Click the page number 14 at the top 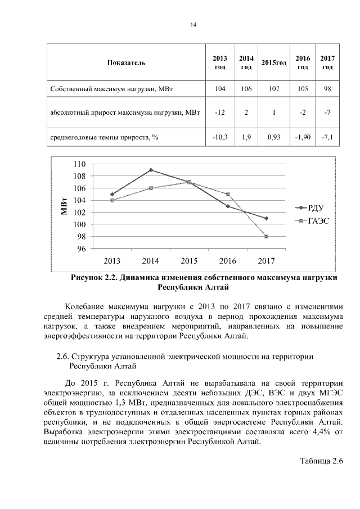(193, 25)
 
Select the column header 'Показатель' (126, 62)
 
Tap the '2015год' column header (274, 63)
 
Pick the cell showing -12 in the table (220, 112)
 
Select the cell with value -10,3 (220, 137)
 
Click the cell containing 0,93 (274, 137)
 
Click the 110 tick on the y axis (80, 164)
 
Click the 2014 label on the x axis (150, 261)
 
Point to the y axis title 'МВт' (65, 206)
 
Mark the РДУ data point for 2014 (150, 170)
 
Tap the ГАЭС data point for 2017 (266, 236)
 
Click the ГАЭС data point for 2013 (112, 200)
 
